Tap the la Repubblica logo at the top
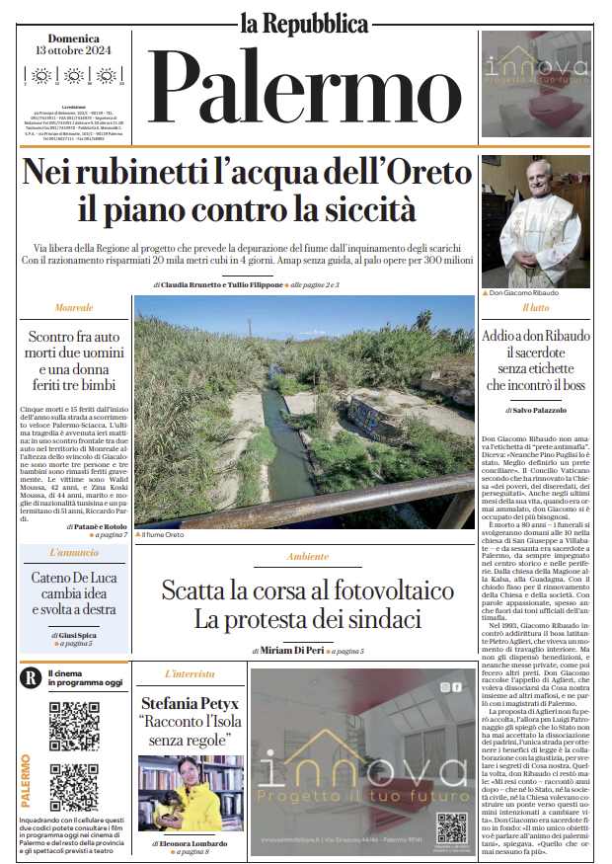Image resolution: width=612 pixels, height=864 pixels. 305,21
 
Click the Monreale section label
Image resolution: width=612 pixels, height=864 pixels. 74,309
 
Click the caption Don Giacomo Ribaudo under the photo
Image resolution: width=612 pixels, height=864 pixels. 521,293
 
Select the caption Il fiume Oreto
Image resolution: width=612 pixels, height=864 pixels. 160,534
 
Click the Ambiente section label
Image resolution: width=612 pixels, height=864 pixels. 307,557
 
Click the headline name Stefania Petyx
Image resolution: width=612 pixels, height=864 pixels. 190,704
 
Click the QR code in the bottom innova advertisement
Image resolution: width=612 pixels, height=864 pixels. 451,826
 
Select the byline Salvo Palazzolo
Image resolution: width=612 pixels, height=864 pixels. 539,409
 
